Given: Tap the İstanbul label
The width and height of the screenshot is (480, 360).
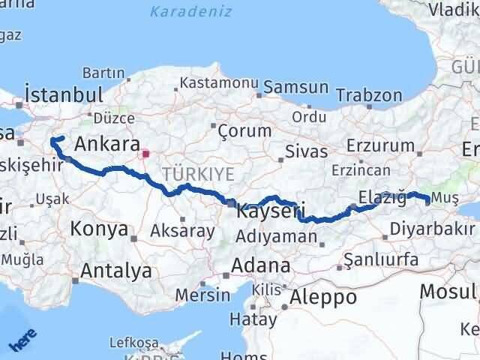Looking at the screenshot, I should coord(64,95).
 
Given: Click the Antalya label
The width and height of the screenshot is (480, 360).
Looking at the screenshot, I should coord(115,271).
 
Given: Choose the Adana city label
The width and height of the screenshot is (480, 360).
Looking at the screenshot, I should coord(261,266).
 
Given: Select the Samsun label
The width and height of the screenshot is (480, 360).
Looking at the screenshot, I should coord(295,87).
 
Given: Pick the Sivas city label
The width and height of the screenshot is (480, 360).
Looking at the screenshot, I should coord(306,152).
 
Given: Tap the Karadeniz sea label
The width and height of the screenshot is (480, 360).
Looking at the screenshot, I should coord(190,12).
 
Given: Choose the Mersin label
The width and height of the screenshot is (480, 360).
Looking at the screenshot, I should coord(202,295).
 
